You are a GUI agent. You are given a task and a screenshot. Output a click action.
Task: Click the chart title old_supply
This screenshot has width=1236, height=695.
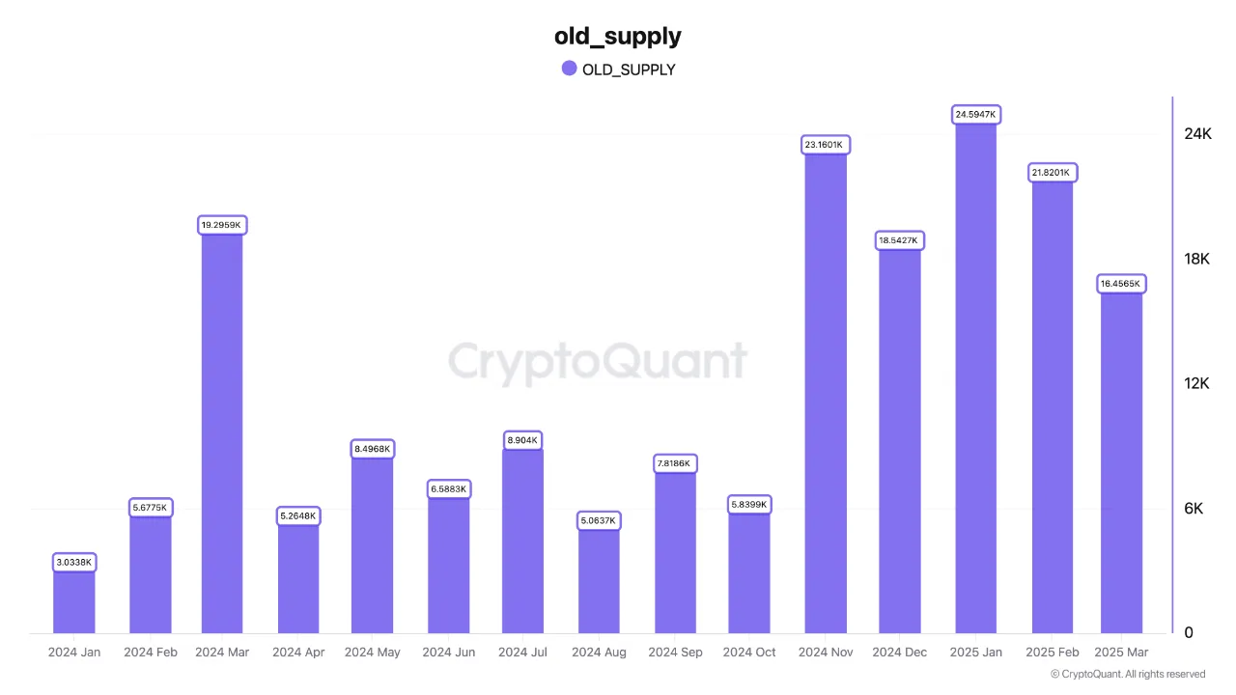[x=617, y=37]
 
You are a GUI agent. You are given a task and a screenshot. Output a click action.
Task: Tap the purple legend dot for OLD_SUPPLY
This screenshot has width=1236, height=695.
[x=569, y=69]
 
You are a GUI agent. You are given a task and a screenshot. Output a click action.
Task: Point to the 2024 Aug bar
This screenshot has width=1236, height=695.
[x=599, y=580]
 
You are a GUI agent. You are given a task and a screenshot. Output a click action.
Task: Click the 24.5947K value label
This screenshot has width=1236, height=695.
[x=975, y=115]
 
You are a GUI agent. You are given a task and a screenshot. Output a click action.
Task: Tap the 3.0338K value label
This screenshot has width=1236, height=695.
[x=74, y=562]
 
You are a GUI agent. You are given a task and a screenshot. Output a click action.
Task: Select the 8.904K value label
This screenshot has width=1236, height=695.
[x=522, y=440]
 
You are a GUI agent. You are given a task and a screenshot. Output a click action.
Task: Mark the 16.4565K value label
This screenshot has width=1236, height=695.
[x=1121, y=284]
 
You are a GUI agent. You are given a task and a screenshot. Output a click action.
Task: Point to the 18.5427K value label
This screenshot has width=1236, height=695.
[x=900, y=239]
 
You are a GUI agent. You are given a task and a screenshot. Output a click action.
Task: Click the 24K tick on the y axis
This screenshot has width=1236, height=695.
[x=1197, y=134]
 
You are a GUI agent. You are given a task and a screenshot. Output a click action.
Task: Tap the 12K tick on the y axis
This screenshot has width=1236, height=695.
[x=1196, y=384]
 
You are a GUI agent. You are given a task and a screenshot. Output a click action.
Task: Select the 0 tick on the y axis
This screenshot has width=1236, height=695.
[x=1189, y=633]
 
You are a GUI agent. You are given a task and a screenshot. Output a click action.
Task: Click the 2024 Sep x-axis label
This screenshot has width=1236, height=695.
[x=675, y=653]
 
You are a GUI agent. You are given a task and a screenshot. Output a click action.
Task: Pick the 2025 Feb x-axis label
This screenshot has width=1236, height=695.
[x=1053, y=653]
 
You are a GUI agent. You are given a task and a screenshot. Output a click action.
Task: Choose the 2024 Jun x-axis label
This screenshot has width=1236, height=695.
[x=449, y=653]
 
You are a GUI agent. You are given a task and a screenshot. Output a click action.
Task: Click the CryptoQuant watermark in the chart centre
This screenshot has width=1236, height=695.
[x=598, y=363]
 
